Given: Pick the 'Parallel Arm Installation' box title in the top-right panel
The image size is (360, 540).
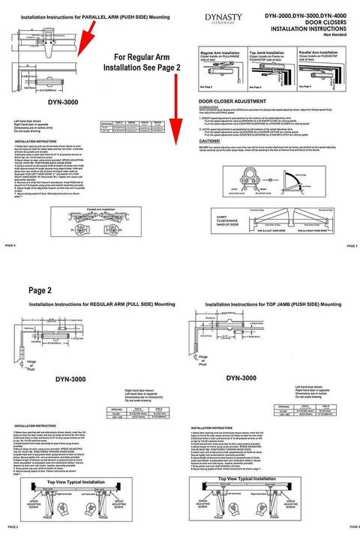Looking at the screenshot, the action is point(319,52).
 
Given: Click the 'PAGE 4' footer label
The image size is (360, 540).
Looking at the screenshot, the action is point(10,245).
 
